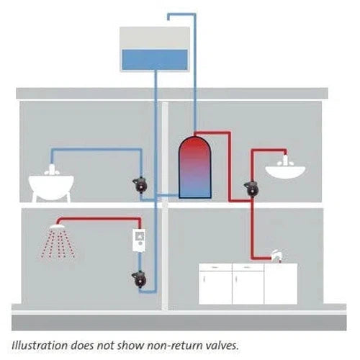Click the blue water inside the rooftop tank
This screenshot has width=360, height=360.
[155, 60]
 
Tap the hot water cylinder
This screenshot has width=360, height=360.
[195, 167]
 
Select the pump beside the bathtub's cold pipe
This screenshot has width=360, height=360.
[140, 185]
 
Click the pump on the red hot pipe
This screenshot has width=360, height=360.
[251, 188]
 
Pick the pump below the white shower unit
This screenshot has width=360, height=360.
[139, 279]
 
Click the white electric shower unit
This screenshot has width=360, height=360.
[139, 240]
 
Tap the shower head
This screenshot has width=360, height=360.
[57, 226]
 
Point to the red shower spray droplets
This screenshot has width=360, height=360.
[58, 244]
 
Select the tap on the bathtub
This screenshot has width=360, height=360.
[52, 170]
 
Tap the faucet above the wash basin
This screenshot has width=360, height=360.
[285, 161]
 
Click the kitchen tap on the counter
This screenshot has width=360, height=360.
[277, 256]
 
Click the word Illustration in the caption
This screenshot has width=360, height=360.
[40, 346]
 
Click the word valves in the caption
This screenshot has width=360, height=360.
[222, 346]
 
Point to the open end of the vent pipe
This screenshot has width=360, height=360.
[168, 19]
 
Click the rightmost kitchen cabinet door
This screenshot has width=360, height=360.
[281, 284]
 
